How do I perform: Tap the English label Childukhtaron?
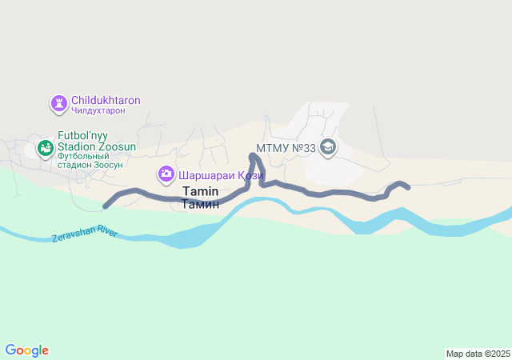(106, 101)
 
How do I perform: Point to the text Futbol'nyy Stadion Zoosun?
(97, 142)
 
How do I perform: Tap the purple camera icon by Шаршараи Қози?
(166, 174)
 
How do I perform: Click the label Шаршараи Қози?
(220, 174)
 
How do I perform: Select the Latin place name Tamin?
(200, 192)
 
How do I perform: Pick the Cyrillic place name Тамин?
(200, 205)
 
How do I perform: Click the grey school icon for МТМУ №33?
(327, 147)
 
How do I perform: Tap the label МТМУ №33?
(283, 149)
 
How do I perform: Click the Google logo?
(26, 350)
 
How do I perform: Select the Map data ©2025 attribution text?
(478, 354)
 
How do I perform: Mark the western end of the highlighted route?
(106, 206)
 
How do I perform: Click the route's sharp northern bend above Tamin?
(253, 146)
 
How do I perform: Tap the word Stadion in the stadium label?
(77, 147)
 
